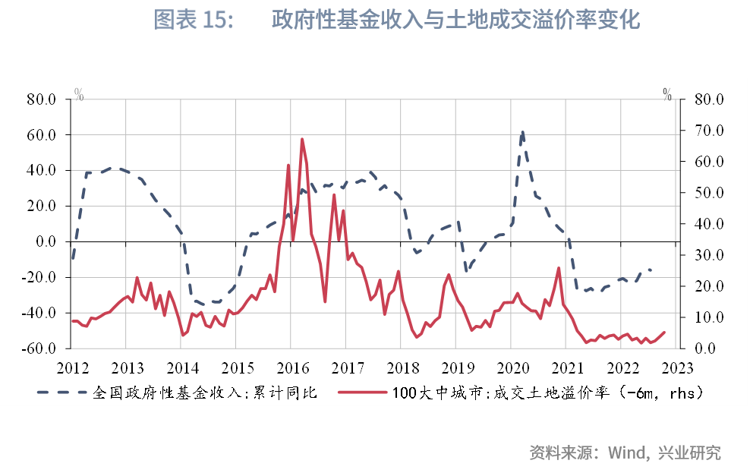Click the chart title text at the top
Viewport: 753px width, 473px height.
[396, 20]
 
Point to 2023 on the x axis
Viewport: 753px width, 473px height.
[677, 367]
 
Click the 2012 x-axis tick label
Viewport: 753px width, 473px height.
[74, 367]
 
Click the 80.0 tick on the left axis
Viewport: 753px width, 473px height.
[41, 99]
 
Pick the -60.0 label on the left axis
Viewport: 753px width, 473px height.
[39, 348]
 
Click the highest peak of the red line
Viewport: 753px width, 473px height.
[302, 139]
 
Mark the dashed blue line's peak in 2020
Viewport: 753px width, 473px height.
[522, 131]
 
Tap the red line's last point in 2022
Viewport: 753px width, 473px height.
[665, 332]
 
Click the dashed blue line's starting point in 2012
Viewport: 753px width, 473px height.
[74, 258]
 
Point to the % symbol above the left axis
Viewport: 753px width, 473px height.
[79, 94]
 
